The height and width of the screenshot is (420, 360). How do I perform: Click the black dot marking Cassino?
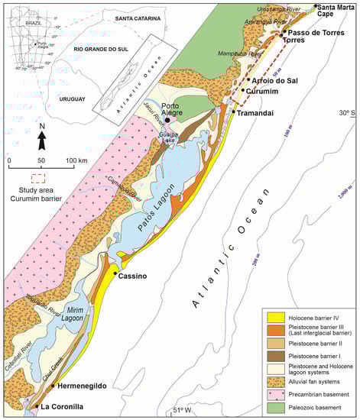click(x=115, y=273)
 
